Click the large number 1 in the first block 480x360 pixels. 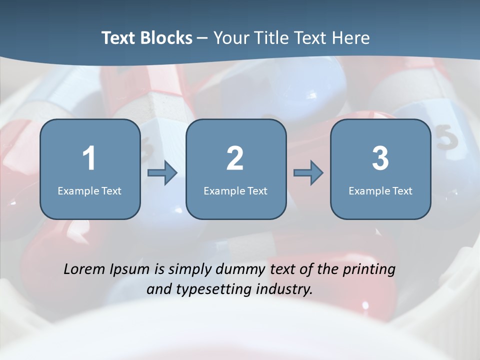(x=89, y=158)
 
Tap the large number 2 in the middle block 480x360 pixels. (x=235, y=158)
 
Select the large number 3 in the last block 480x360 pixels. (x=380, y=158)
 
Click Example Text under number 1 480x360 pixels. (x=89, y=190)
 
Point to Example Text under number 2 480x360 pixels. (x=235, y=190)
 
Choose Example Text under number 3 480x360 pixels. (x=380, y=190)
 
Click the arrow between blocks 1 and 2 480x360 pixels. (x=162, y=173)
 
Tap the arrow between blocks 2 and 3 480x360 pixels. (x=308, y=173)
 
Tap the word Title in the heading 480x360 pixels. (x=270, y=38)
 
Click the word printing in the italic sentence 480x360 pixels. (x=369, y=270)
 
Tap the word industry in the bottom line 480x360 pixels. (x=284, y=289)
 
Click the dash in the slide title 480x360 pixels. (x=202, y=38)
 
